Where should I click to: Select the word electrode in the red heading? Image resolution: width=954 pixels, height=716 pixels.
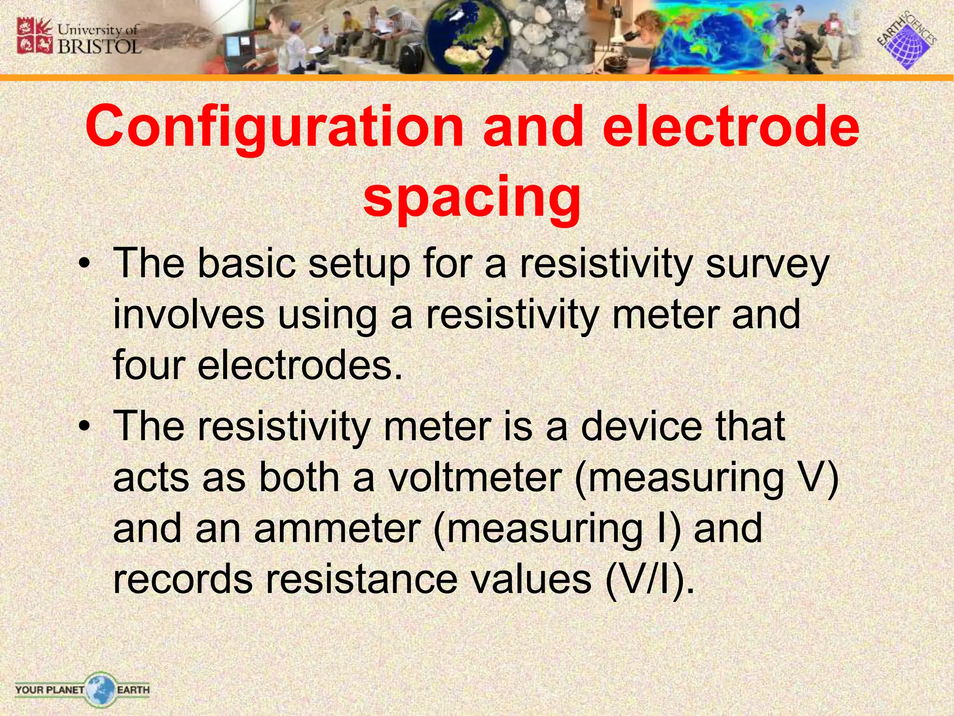pyautogui.click(x=731, y=126)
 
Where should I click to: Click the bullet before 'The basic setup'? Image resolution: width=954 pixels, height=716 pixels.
pyautogui.click(x=83, y=264)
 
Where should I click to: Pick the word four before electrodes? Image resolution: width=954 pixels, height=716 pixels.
pyautogui.click(x=149, y=365)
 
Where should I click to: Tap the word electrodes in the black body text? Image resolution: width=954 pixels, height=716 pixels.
pyautogui.click(x=300, y=365)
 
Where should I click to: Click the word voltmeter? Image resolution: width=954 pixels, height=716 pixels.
pyautogui.click(x=476, y=477)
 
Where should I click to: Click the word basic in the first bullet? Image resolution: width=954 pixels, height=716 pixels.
pyautogui.click(x=247, y=264)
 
